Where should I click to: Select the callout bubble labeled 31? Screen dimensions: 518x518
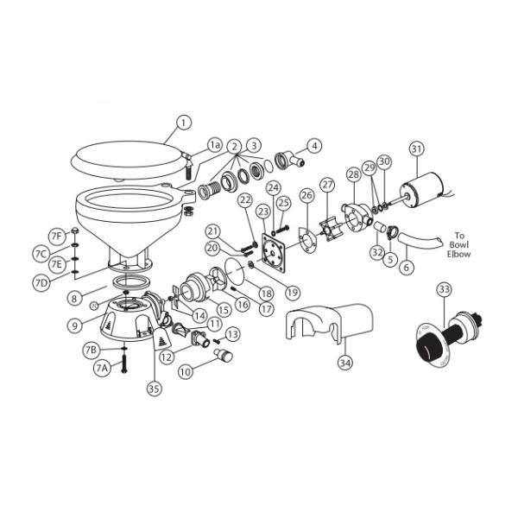pos(417,148)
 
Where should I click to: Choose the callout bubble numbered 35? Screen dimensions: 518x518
pos(154,389)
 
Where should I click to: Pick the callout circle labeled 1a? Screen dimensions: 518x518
pos(215,146)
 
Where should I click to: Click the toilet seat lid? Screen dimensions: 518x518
pos(129,161)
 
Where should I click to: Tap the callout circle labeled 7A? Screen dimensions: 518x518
pos(102,369)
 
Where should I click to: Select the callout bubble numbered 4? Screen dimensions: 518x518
pos(314,146)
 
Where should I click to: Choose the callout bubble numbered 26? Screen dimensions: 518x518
pos(307,196)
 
